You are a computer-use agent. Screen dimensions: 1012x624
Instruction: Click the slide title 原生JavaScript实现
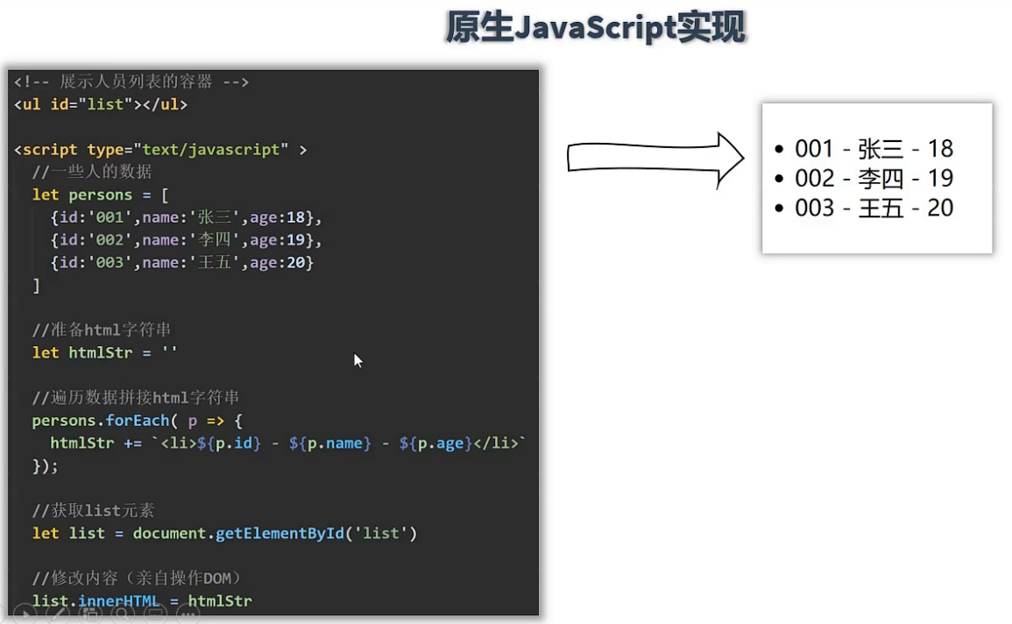coord(595,28)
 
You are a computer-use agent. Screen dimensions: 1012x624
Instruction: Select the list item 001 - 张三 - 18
coord(874,148)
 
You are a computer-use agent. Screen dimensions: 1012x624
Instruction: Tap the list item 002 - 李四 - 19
coord(874,178)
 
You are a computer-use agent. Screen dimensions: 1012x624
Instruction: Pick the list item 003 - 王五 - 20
coord(874,208)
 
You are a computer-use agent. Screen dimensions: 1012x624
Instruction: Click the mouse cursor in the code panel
coord(357,360)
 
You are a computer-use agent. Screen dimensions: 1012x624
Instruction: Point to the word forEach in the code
coord(137,420)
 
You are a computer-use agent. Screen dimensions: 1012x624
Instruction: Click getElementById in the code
coord(280,533)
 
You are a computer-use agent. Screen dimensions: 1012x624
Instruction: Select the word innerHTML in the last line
coord(119,600)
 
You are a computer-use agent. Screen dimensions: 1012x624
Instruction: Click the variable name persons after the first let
coord(100,195)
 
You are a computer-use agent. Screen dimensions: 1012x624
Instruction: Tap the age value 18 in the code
coord(295,217)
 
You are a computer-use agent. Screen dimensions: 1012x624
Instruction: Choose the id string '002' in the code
coord(110,240)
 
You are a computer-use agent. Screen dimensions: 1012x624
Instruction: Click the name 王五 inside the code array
coord(215,263)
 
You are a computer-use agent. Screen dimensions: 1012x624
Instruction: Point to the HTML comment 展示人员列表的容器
coord(136,82)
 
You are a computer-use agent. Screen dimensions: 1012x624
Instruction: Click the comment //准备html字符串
coord(102,330)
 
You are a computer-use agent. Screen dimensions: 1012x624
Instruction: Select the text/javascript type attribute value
coord(211,150)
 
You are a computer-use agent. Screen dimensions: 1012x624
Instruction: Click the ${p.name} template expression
coord(329,443)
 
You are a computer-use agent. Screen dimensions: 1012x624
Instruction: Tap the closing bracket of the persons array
coord(36,285)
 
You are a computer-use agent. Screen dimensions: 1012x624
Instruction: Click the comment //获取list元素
coord(93,510)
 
